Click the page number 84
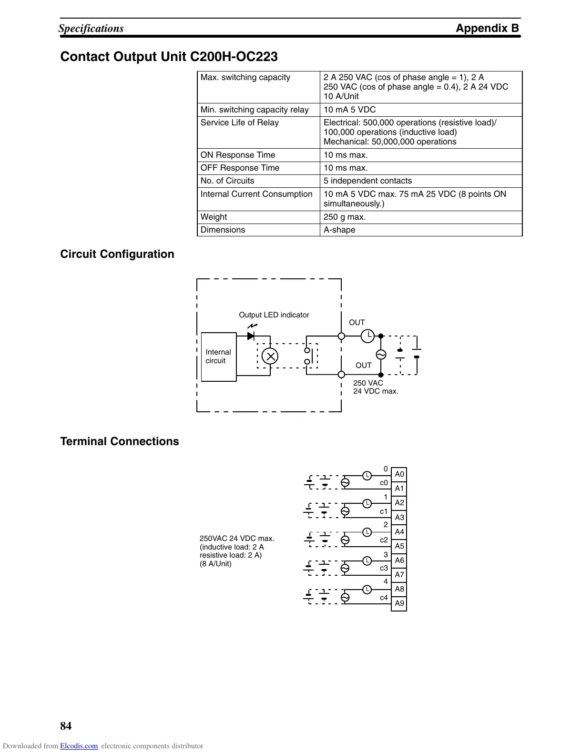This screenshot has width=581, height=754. pyautogui.click(x=66, y=726)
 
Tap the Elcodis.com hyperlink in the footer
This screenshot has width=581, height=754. pyautogui.click(x=79, y=746)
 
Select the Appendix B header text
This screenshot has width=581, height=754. pyautogui.click(x=487, y=28)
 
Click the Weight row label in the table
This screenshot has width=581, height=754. pyautogui.click(x=214, y=217)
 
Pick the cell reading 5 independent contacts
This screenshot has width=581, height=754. pyautogui.click(x=367, y=181)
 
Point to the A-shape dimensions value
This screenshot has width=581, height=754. pyautogui.click(x=339, y=230)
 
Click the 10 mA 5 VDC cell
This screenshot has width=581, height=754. pyautogui.click(x=349, y=110)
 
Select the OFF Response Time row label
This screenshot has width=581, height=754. pyautogui.click(x=240, y=168)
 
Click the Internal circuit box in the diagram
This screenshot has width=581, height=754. pyautogui.click(x=219, y=357)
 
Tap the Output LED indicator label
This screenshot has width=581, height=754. pyautogui.click(x=274, y=315)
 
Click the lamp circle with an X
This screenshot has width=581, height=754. pyautogui.click(x=270, y=356)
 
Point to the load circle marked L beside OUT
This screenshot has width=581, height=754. pyautogui.click(x=367, y=336)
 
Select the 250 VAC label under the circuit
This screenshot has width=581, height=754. pyautogui.click(x=368, y=383)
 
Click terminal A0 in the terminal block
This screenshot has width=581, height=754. pyautogui.click(x=399, y=474)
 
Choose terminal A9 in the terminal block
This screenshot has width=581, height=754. pyautogui.click(x=399, y=603)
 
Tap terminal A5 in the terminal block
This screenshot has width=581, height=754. pyautogui.click(x=399, y=546)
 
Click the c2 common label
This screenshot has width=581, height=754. pyautogui.click(x=384, y=540)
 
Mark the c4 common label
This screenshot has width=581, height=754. pyautogui.click(x=384, y=598)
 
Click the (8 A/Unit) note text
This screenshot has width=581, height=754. pyautogui.click(x=215, y=564)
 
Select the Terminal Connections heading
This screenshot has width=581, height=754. pyautogui.click(x=120, y=441)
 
